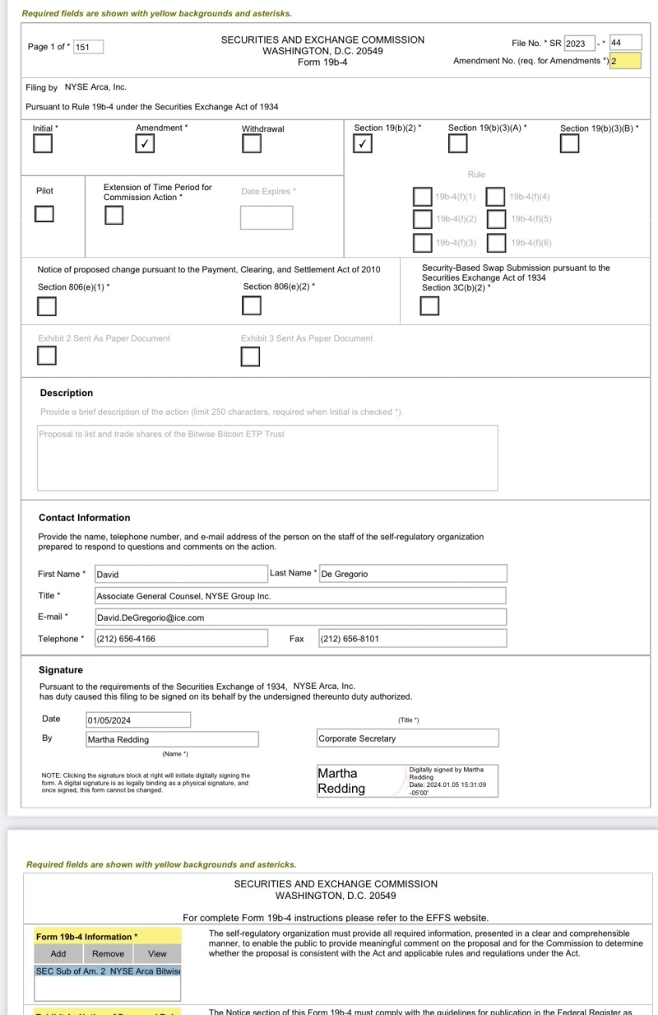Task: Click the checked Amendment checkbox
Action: [145, 143]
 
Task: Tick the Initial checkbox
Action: [43, 143]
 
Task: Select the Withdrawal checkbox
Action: [252, 143]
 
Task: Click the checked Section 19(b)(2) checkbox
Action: [362, 143]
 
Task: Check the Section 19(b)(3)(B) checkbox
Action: [569, 143]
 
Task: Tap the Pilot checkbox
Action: [44, 214]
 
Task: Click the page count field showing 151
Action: [88, 47]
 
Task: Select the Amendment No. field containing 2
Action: [624, 61]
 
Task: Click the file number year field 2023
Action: [579, 44]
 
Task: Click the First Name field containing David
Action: [181, 574]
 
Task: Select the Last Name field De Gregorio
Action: [412, 574]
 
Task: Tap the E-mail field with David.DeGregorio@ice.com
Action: [300, 617]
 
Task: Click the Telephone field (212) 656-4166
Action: [181, 639]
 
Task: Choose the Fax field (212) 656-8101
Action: [412, 639]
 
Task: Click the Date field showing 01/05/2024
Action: [138, 720]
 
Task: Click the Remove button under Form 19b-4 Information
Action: [108, 954]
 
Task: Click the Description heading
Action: [67, 393]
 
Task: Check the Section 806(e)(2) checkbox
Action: [252, 306]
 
